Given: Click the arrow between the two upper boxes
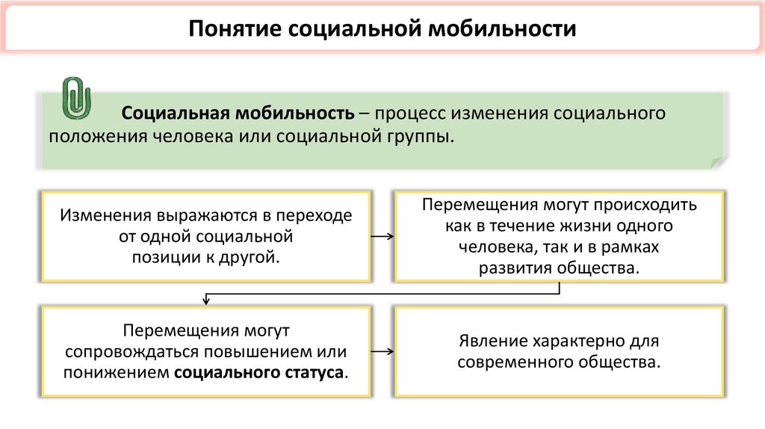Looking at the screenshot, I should tap(382, 237).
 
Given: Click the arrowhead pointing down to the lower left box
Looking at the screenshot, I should tap(205, 301).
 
